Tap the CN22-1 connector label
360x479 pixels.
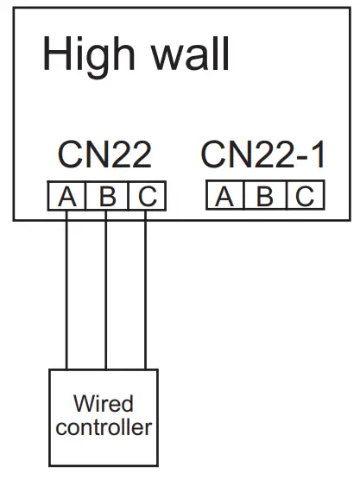tap(264, 155)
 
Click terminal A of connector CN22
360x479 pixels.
tap(66, 198)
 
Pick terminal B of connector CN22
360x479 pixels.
tap(106, 198)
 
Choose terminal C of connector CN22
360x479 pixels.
tap(145, 198)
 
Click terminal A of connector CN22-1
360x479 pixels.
tap(225, 197)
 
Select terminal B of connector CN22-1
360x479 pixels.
tap(265, 197)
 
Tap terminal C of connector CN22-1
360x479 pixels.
tap(304, 197)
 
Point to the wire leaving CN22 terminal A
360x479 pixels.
tap(66, 293)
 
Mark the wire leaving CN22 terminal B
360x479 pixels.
tap(106, 293)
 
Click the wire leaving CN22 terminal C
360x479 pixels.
tap(145, 293)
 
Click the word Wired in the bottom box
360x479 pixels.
tap(104, 403)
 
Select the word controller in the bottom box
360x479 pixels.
tap(104, 426)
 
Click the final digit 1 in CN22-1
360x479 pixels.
tap(316, 155)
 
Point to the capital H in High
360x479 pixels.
tap(55, 54)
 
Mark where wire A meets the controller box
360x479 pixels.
tap(66, 370)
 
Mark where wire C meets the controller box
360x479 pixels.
tap(145, 370)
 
